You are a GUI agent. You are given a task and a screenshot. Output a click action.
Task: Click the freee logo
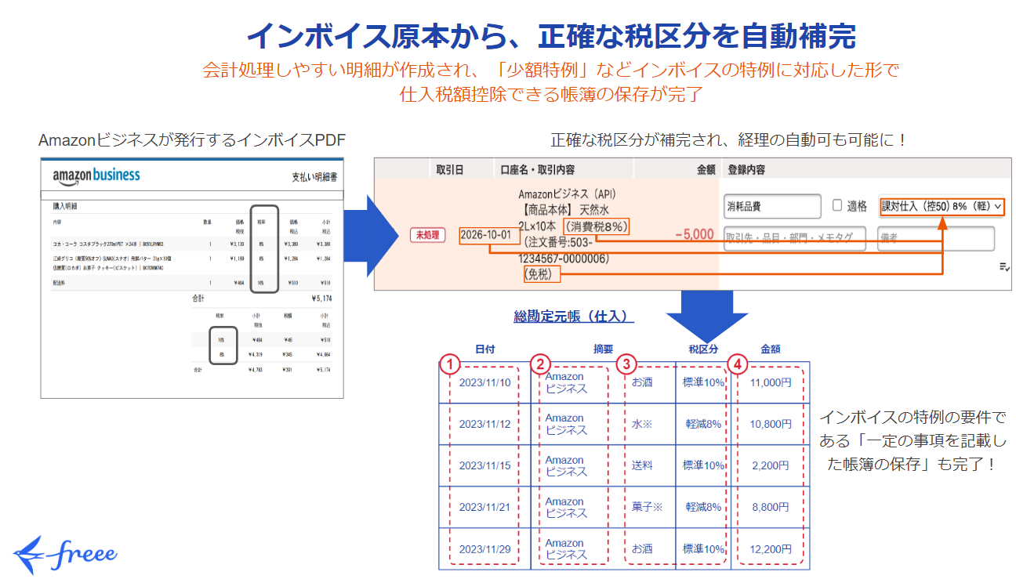pyautogui.click(x=66, y=554)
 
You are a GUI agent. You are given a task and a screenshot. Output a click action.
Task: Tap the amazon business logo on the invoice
pyautogui.click(x=96, y=176)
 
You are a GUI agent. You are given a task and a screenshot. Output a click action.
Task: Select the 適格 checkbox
pyautogui.click(x=837, y=206)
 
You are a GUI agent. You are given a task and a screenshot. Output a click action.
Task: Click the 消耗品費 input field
pyautogui.click(x=772, y=207)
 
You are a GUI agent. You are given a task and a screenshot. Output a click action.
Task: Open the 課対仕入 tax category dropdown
pyautogui.click(x=941, y=206)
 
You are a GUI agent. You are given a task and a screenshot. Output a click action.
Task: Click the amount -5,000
pyautogui.click(x=694, y=235)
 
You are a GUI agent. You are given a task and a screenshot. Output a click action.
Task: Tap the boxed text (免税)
pyautogui.click(x=538, y=273)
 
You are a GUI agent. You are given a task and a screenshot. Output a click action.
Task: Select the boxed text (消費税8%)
pyautogui.click(x=597, y=226)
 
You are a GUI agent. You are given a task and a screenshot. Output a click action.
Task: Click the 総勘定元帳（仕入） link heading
pyautogui.click(x=573, y=316)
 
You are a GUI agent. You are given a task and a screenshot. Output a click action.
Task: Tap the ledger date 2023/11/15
pyautogui.click(x=484, y=465)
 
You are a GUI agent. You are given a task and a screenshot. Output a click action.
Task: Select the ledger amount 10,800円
pyautogui.click(x=770, y=424)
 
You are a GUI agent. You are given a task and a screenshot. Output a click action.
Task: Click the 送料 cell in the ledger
pyautogui.click(x=642, y=465)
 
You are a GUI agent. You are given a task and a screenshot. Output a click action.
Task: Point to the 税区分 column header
pyautogui.click(x=703, y=349)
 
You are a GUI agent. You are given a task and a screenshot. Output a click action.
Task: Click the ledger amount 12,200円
pyautogui.click(x=770, y=548)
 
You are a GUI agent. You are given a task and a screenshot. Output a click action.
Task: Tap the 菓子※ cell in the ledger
pyautogui.click(x=647, y=507)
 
